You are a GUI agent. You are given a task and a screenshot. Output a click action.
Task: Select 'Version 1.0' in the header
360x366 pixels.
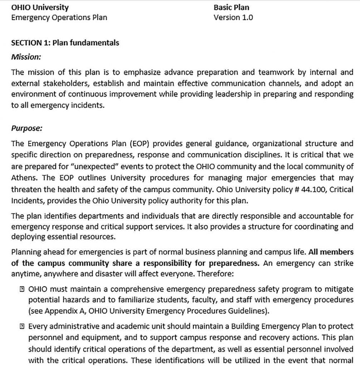233,17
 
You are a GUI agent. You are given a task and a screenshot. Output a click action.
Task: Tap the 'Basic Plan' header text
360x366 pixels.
231,8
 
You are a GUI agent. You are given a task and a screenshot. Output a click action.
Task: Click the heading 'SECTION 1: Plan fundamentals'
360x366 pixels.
65,43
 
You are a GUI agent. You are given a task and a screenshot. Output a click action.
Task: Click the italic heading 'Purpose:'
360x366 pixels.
26,128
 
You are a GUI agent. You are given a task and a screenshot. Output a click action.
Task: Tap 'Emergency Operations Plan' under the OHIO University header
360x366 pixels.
59,17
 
